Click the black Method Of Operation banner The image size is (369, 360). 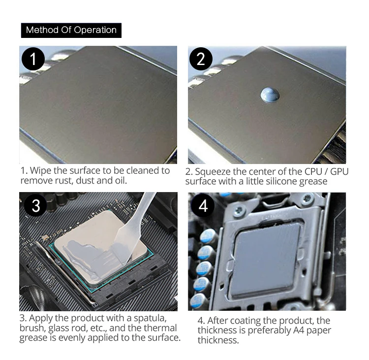point(71,31)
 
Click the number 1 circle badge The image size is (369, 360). point(33,59)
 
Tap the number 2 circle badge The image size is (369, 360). point(201,59)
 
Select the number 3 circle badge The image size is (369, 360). point(35,205)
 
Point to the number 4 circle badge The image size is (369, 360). point(203,205)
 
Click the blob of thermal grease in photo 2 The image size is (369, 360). point(270,95)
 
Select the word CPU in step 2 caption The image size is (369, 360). point(313,171)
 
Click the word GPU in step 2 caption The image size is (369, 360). point(339,171)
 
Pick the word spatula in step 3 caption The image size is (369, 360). point(150,318)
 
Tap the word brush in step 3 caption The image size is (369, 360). point(32,328)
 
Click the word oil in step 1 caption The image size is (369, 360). point(121,181)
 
